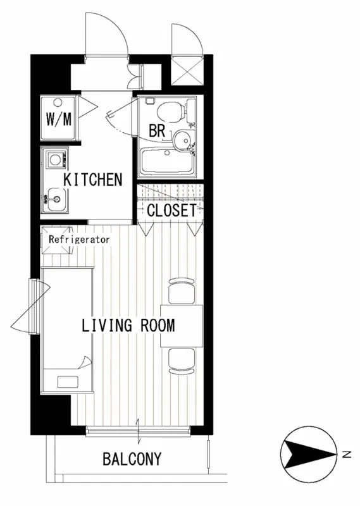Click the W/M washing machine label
[59, 119]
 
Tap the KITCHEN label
[93, 180]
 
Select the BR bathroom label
[157, 131]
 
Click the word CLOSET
[171, 211]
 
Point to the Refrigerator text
[79, 240]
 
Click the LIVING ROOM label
[128, 325]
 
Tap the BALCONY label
[132, 459]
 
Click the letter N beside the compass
[347, 455]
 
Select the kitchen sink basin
[56, 199]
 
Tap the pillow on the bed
[68, 382]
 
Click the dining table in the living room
[182, 326]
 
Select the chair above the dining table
[182, 291]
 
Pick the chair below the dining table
[182, 361]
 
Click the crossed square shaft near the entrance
[187, 70]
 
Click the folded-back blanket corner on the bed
[87, 362]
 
